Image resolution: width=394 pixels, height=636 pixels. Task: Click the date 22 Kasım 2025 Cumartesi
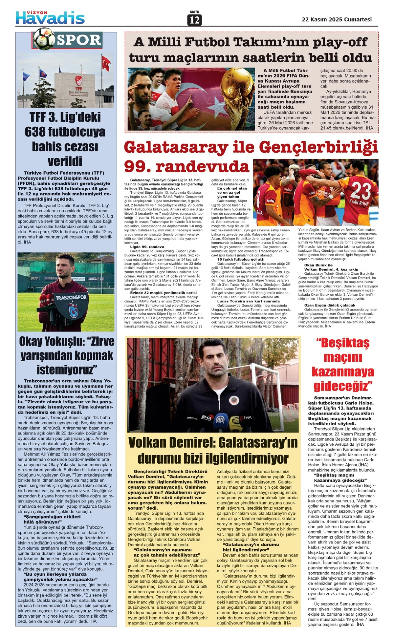[337, 19]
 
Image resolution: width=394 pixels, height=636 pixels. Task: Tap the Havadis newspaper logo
[50, 18]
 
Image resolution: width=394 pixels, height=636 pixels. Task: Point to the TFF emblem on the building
[78, 81]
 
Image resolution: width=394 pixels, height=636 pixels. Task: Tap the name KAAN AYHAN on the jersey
[359, 202]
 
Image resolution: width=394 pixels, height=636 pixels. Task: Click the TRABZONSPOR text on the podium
[71, 297]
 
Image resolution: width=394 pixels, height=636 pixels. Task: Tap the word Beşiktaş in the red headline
[342, 343]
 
